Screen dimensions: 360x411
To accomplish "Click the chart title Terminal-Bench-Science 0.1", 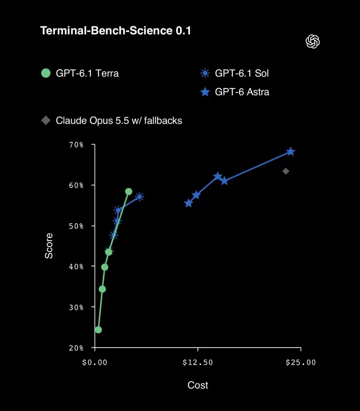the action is pyautogui.click(x=116, y=31).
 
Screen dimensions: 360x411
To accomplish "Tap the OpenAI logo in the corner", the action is pyautogui.click(x=313, y=42).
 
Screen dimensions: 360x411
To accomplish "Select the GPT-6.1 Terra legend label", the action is pyautogui.click(x=87, y=73).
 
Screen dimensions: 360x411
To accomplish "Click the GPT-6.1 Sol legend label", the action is pyautogui.click(x=242, y=73).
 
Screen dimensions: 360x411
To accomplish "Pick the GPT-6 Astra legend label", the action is pyautogui.click(x=242, y=92).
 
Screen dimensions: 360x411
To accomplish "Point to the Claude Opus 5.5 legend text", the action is pyautogui.click(x=119, y=121).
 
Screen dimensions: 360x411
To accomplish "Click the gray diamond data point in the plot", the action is pyautogui.click(x=286, y=171).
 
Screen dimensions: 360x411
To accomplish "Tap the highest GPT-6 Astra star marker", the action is pyautogui.click(x=291, y=152).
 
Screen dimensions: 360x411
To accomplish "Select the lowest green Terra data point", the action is pyautogui.click(x=98, y=330).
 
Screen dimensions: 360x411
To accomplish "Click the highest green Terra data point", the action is pyautogui.click(x=129, y=191).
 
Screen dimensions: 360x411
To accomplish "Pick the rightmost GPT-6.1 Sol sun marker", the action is pyautogui.click(x=139, y=197).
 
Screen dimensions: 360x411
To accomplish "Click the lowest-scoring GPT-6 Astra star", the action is pyautogui.click(x=188, y=203).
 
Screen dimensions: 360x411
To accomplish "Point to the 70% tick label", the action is pyautogui.click(x=76, y=145).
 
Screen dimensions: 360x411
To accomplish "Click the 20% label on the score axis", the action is pyautogui.click(x=76, y=348).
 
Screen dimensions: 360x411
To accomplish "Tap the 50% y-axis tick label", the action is pyautogui.click(x=76, y=226).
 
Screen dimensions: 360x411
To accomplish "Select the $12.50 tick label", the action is pyautogui.click(x=198, y=363).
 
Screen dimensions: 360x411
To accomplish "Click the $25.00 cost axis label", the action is pyautogui.click(x=301, y=363).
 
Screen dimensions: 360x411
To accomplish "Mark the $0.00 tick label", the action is pyautogui.click(x=95, y=363).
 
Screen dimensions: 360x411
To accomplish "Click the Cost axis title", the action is pyautogui.click(x=198, y=385).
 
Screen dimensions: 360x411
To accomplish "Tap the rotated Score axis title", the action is pyautogui.click(x=49, y=246).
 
